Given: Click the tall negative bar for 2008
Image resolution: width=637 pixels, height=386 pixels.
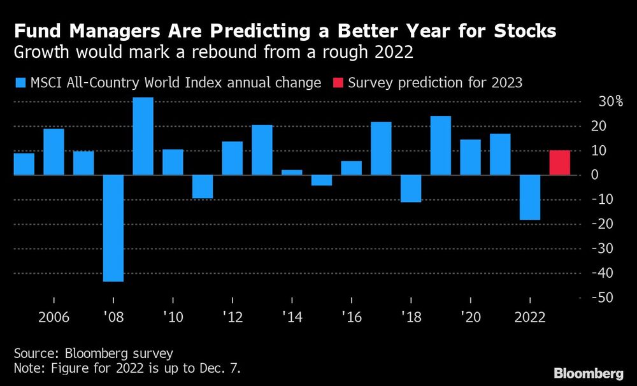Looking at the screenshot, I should pos(113,228).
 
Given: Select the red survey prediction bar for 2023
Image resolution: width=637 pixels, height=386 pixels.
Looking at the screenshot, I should pos(560,162).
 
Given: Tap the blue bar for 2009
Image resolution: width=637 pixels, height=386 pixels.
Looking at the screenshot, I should pos(143,136).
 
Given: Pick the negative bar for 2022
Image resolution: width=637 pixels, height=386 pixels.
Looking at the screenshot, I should pos(530,197).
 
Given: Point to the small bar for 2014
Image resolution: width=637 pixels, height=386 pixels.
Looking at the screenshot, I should pos(292,172).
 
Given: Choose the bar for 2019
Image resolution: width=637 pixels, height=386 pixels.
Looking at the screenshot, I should pos(441,145).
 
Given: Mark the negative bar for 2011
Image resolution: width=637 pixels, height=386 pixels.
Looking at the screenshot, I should pos(203,186).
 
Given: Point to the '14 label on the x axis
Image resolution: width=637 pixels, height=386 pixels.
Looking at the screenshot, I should pos(292,316).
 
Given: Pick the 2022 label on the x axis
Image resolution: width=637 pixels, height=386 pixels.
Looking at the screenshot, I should pos(530,316).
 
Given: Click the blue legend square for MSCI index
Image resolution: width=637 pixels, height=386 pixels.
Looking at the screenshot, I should pos(19,83).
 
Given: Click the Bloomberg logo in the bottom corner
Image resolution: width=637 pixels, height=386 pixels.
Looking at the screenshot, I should pos(589,373).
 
